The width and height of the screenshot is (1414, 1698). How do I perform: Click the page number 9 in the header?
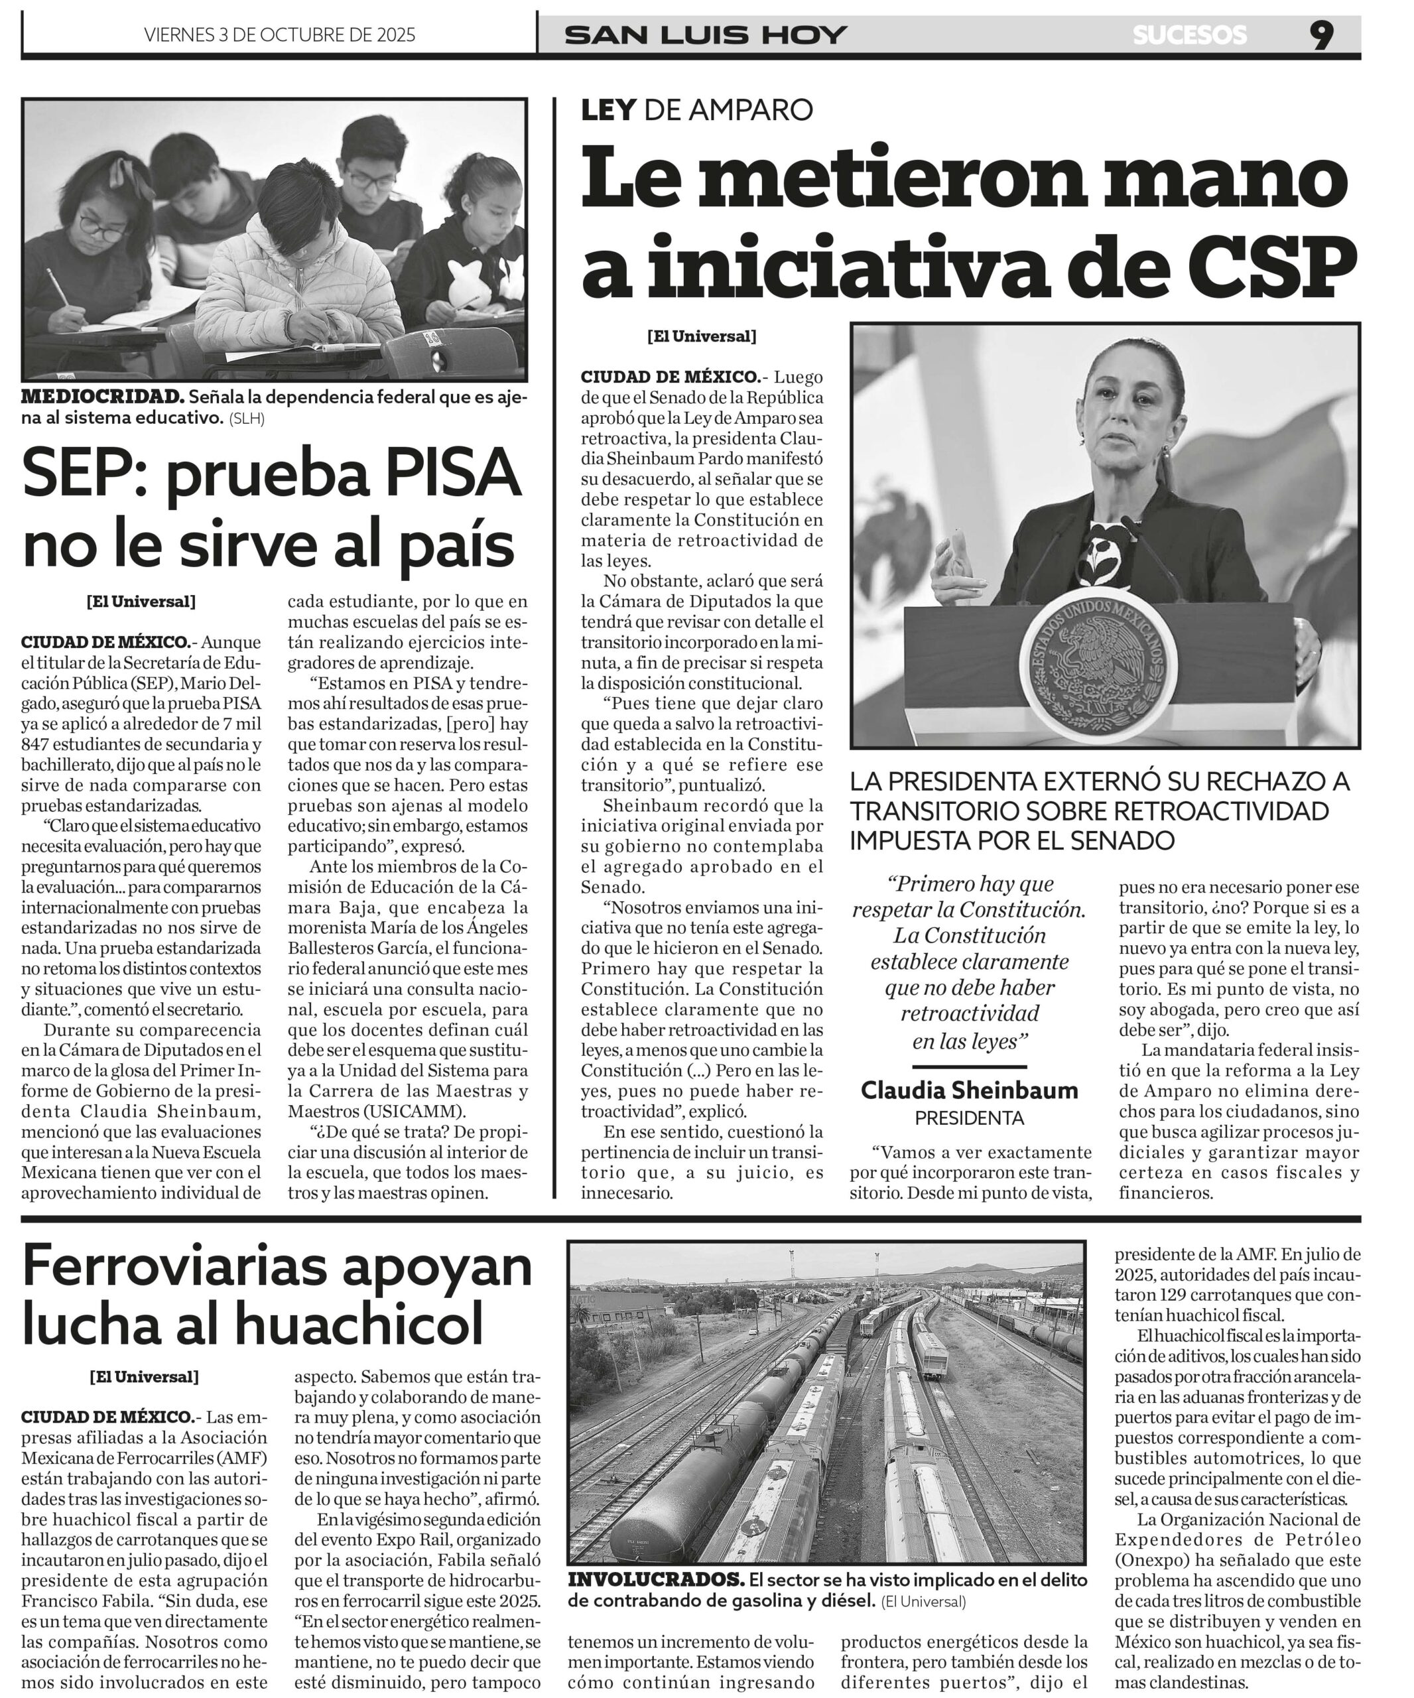[x=1321, y=34]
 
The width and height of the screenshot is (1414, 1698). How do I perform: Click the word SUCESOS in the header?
[x=1189, y=34]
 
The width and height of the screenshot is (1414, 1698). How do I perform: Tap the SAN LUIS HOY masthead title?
[x=706, y=34]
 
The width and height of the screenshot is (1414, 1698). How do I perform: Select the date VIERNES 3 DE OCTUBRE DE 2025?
[x=279, y=34]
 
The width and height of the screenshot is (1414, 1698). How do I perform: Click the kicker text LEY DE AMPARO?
[x=696, y=109]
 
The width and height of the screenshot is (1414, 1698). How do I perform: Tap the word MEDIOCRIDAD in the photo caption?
[x=102, y=397]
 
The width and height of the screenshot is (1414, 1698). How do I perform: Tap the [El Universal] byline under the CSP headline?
[x=701, y=336]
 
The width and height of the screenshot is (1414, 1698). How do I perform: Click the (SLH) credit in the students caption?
[x=246, y=419]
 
